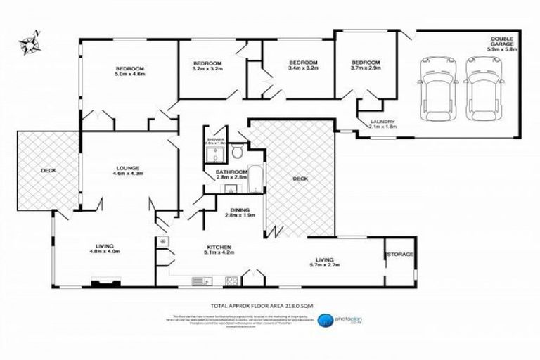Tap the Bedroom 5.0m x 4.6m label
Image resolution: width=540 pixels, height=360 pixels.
[x=130, y=70]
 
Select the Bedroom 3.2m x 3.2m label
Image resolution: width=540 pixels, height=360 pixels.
[x=207, y=65]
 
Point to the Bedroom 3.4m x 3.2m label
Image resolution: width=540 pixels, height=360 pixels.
[x=304, y=65]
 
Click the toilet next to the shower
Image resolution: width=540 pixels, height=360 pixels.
[x=237, y=151]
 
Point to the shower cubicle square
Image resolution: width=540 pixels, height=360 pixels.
[x=214, y=152]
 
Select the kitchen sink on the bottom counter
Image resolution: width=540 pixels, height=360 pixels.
[x=201, y=282]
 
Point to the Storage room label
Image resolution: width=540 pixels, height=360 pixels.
[x=399, y=254]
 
